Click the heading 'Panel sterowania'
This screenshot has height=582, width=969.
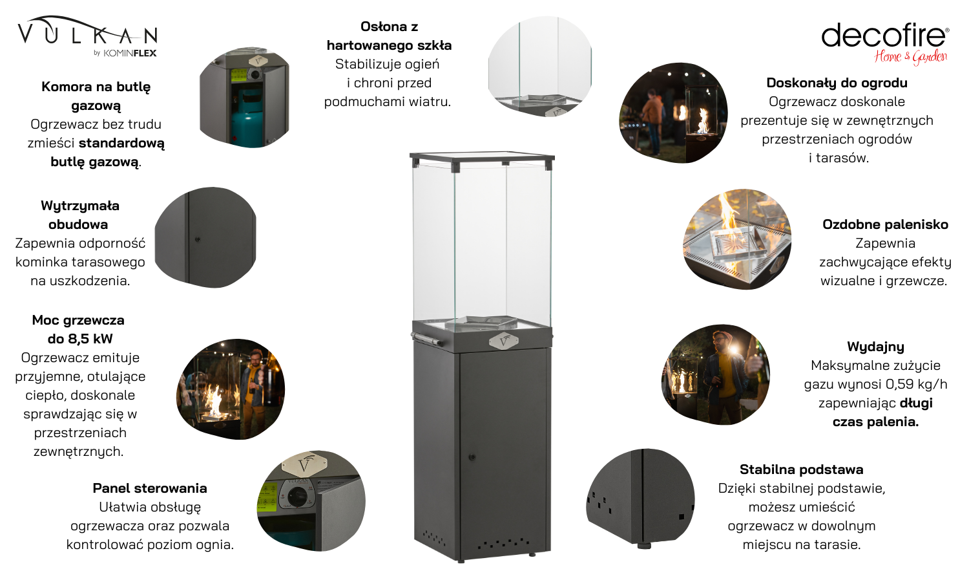150,488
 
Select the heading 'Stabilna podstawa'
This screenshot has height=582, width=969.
801,469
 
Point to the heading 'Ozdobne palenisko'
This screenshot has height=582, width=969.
885,224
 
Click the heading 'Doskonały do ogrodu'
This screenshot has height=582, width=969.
837,83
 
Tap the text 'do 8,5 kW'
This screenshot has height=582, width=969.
80,339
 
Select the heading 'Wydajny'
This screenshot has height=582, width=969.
875,347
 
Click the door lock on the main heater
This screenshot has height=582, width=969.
472,457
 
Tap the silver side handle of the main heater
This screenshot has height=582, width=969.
426,339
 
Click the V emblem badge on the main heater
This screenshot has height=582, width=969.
503,341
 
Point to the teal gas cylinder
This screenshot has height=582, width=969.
247,117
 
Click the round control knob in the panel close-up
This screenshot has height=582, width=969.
297,495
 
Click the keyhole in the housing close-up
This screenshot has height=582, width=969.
198,239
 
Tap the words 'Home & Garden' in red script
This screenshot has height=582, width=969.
911,57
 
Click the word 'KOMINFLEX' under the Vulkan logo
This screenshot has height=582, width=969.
130,53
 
